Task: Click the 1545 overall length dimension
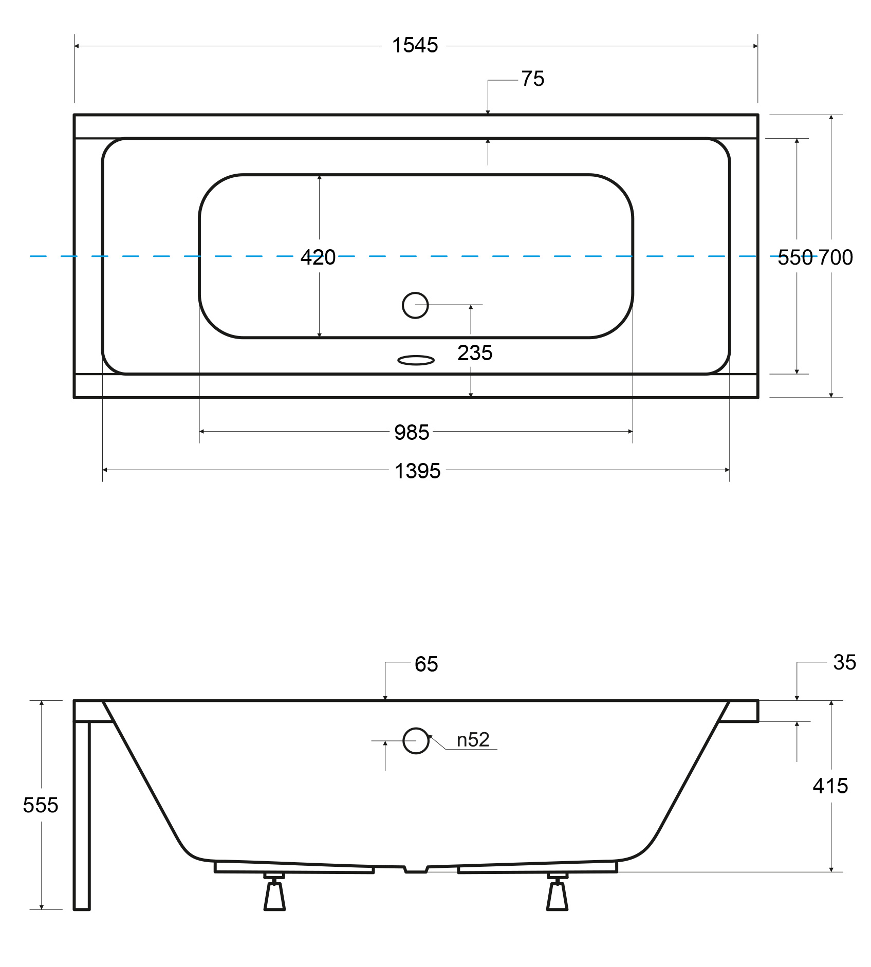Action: pos(415,45)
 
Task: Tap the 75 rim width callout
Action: pos(533,79)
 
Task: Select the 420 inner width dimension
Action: pos(318,257)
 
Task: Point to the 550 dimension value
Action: pos(795,257)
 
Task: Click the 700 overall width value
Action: pos(836,257)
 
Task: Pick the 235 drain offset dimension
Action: pos(475,352)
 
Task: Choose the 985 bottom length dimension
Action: pos(412,432)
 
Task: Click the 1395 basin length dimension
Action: pos(417,471)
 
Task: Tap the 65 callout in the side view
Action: pos(426,664)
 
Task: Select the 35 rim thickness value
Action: pos(845,662)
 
